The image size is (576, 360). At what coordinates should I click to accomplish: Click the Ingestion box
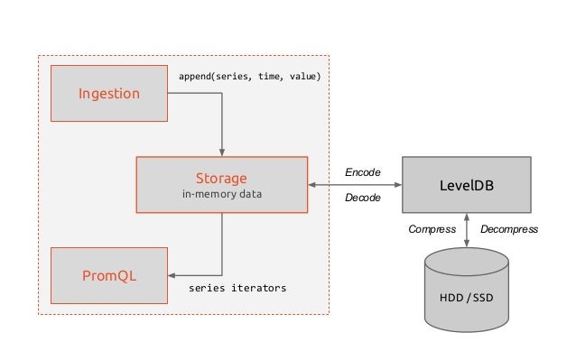click(x=108, y=93)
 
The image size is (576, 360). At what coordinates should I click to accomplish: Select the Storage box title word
click(x=221, y=178)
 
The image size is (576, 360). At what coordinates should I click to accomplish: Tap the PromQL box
click(x=108, y=275)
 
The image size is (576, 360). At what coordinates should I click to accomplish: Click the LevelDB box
click(x=465, y=185)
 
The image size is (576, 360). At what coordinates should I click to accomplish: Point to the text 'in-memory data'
click(x=221, y=193)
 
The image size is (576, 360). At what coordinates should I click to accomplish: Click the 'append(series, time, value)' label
click(x=249, y=76)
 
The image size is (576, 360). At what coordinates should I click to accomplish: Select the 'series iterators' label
click(x=237, y=289)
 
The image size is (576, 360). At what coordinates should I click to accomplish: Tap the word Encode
click(x=363, y=172)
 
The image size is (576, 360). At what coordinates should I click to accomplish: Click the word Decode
click(x=363, y=197)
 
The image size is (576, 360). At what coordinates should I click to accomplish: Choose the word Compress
click(x=432, y=229)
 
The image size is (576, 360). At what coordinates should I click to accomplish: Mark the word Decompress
click(x=508, y=229)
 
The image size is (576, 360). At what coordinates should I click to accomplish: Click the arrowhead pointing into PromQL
click(x=173, y=275)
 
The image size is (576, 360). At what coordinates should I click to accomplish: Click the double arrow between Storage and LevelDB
click(x=354, y=185)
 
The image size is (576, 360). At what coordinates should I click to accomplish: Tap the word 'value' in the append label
click(x=301, y=76)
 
